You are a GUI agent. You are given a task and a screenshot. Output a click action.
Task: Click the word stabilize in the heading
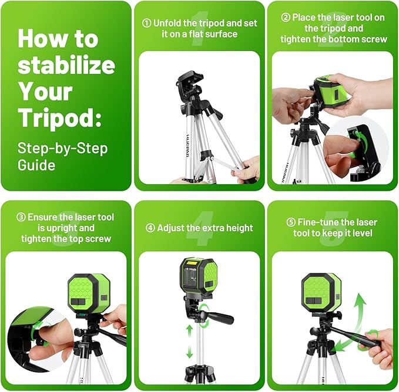tap(66, 65)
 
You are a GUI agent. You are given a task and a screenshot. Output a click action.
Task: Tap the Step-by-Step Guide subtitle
tap(62, 156)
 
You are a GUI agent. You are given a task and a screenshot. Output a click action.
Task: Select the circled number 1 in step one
tap(146, 23)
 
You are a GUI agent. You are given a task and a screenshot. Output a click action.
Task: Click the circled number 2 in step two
tap(286, 18)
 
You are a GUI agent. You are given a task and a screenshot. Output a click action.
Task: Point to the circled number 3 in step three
tap(21, 217)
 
